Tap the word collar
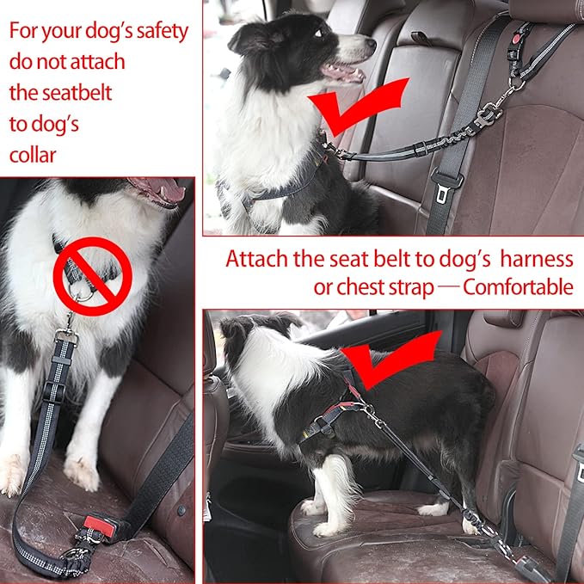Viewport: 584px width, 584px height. click(x=34, y=155)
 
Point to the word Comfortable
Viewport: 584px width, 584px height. click(x=518, y=286)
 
